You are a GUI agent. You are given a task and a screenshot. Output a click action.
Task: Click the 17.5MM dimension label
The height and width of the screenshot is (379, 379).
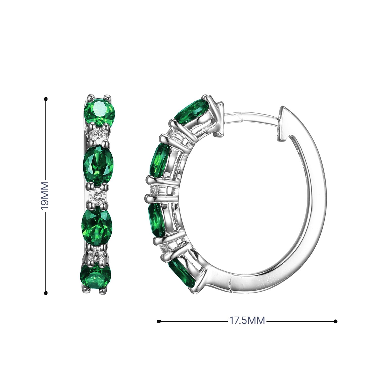pyautogui.click(x=247, y=321)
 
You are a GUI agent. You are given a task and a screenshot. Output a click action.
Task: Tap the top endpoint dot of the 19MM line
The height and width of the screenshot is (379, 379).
pyautogui.click(x=46, y=99)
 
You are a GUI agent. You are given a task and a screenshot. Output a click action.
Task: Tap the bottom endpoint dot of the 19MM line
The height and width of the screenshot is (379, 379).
pyautogui.click(x=46, y=293)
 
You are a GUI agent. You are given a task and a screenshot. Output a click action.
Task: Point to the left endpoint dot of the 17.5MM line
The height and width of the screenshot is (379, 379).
pyautogui.click(x=159, y=321)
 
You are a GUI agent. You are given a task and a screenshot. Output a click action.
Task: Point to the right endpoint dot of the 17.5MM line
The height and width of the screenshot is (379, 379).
pyautogui.click(x=336, y=321)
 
